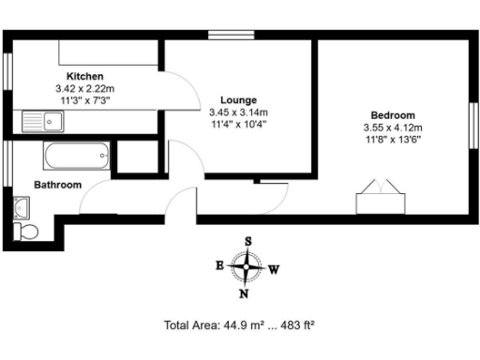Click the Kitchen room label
[83, 76]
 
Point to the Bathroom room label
[58, 185]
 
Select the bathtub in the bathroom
[78, 157]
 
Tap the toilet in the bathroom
[27, 231]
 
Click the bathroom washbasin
[21, 206]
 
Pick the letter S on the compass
[248, 241]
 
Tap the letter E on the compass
[219, 265]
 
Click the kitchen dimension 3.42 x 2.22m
[83, 88]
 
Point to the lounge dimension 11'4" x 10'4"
[238, 123]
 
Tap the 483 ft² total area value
[294, 326]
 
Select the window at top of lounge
[226, 36]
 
